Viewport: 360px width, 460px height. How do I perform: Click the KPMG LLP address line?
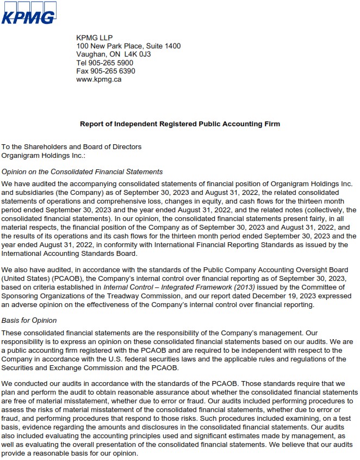[94, 38]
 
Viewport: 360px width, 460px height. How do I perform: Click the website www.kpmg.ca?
[98, 79]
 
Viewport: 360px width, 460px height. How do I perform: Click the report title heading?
[180, 124]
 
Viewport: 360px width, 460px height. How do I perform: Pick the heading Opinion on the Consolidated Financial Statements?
[82, 172]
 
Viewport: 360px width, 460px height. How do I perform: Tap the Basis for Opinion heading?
[29, 321]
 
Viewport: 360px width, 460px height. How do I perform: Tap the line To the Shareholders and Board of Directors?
[71, 146]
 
